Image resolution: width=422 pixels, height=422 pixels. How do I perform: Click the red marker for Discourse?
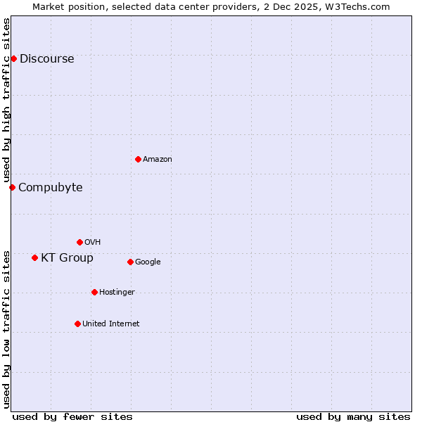coord(13,58)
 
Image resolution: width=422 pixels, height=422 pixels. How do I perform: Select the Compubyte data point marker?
coord(12,187)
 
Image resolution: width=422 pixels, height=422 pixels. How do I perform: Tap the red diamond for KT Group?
coord(34,257)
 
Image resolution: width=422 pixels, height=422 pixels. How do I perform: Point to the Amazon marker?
coord(138,159)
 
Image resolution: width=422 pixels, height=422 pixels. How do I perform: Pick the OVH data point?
coord(79,242)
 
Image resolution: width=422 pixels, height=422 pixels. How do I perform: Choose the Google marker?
coord(130,262)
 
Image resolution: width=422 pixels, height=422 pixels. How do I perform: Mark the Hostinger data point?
coord(94,292)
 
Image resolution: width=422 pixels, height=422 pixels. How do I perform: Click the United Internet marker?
coord(77,324)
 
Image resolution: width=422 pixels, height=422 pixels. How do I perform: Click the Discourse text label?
coord(46,59)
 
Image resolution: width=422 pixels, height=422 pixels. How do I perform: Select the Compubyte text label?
coord(50,188)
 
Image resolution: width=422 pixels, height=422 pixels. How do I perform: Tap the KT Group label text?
coord(67,258)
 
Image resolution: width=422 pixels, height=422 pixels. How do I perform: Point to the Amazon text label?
coord(158,160)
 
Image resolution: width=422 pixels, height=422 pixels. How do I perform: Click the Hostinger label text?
coord(117,293)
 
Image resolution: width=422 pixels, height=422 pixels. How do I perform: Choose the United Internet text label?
coord(110,324)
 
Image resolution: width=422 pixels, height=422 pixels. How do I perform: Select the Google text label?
coord(148,262)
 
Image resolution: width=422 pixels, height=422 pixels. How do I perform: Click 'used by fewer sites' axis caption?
coord(72,416)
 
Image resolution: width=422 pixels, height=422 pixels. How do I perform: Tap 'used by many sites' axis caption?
coord(353,416)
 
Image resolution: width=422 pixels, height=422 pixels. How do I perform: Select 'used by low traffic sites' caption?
coord(7,328)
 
